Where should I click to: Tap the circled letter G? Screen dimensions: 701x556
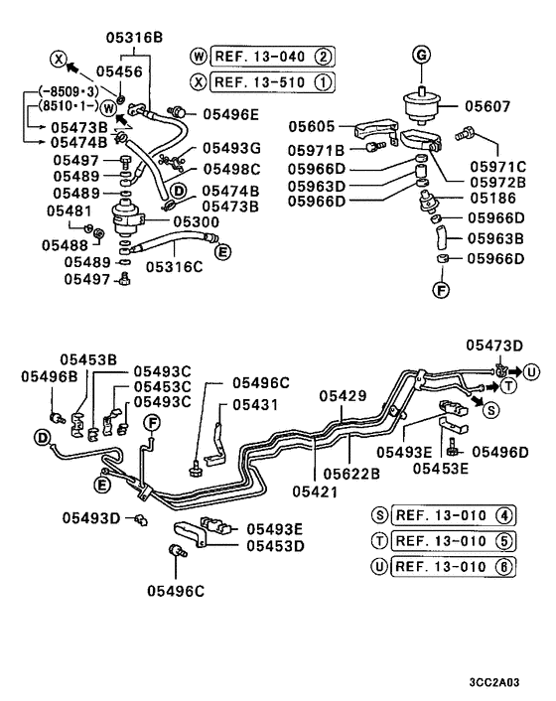pyautogui.click(x=420, y=57)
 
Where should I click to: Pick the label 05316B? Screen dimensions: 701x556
pyautogui.click(x=134, y=38)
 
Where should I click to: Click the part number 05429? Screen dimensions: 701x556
pyautogui.click(x=344, y=395)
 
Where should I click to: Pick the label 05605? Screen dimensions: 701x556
pyautogui.click(x=313, y=127)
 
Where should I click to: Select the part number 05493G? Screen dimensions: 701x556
pyautogui.click(x=231, y=148)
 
